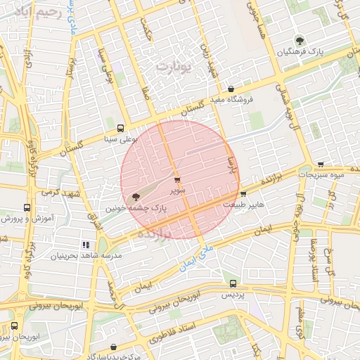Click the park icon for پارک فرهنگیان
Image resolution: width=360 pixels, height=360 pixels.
(x=301, y=40)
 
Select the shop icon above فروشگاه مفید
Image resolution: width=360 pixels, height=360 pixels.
(x=231, y=89)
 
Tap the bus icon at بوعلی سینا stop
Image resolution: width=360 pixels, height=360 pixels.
(x=121, y=129)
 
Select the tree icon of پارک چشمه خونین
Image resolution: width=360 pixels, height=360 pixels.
(x=135, y=197)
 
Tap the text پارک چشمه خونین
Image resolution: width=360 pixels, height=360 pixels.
(x=136, y=209)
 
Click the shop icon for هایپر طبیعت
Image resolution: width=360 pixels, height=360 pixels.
(x=243, y=193)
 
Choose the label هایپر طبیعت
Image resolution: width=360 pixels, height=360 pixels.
(x=243, y=205)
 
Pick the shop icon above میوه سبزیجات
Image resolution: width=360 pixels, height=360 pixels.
(x=321, y=163)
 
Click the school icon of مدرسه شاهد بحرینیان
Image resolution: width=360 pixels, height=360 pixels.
(x=86, y=245)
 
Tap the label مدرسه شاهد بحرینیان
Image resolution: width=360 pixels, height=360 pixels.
(x=77, y=257)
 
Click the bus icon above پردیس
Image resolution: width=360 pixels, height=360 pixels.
(x=233, y=283)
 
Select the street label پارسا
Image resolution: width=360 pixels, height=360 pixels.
(x=229, y=167)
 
